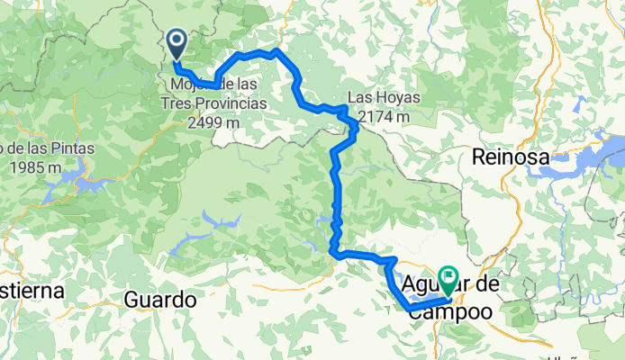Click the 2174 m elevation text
(x=385, y=117)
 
